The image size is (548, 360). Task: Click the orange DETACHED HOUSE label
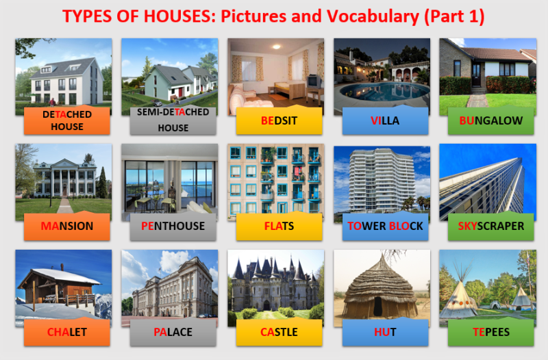coord(67,120)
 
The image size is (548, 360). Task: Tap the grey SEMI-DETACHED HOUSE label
coord(173,120)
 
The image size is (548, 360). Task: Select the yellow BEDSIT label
coord(279,120)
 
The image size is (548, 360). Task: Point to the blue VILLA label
coord(385,120)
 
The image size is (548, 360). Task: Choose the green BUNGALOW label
coord(491,120)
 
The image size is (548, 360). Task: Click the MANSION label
coord(67,226)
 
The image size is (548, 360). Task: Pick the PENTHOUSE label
coord(173,226)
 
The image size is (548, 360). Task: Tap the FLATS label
coord(279,226)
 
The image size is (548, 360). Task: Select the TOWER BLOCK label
coord(385,226)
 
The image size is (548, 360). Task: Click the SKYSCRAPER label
coord(491,226)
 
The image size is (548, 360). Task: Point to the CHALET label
coord(67,332)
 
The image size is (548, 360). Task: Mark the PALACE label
coord(173,332)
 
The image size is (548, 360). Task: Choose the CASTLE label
coord(279,332)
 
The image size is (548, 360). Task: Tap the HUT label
coord(385,332)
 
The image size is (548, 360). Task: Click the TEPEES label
coord(491,332)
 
